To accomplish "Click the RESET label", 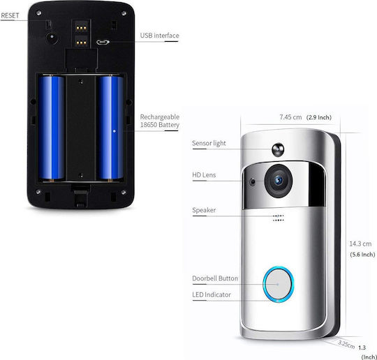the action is [x=10, y=15].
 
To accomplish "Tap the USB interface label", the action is [x=160, y=36].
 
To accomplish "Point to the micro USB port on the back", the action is [x=103, y=43].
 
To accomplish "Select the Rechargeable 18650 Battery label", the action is [x=160, y=121].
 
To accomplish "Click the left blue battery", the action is [x=52, y=128].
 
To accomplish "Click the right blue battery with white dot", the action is [x=110, y=128].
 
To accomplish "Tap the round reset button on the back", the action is [x=52, y=38].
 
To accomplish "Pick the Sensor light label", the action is [x=209, y=143].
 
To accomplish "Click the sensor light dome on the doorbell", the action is [x=278, y=149].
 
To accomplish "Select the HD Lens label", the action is [x=204, y=175].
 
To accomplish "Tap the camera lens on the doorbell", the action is [x=279, y=181].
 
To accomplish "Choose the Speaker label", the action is [x=204, y=210].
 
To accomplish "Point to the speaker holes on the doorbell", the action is [x=279, y=218].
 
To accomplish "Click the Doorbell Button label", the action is [x=215, y=278].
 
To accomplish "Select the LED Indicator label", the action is [x=212, y=294].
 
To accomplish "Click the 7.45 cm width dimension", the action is [x=290, y=117].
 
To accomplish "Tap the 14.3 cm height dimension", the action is [x=360, y=244].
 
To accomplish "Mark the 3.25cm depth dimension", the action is [x=346, y=345].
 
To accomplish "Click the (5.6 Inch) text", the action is [x=362, y=255].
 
